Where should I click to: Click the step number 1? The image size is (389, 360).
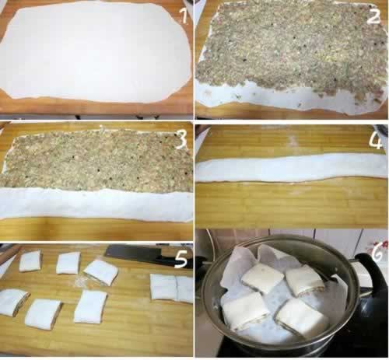coord(184,16)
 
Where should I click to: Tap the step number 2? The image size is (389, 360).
coord(373,16)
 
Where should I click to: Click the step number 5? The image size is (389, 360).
coord(181,259)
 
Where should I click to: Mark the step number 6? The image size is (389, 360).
coord(377,253)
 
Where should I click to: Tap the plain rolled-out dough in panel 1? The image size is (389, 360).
coord(96,53)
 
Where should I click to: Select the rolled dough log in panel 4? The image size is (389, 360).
coord(292,168)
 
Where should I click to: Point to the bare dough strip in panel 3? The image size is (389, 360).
coord(96,204)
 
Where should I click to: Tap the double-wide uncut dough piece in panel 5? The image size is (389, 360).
coord(172,288)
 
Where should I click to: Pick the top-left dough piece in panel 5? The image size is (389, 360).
coord(30,260)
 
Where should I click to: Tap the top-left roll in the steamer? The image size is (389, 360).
coord(262,278)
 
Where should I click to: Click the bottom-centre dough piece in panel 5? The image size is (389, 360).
coord(90,307)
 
